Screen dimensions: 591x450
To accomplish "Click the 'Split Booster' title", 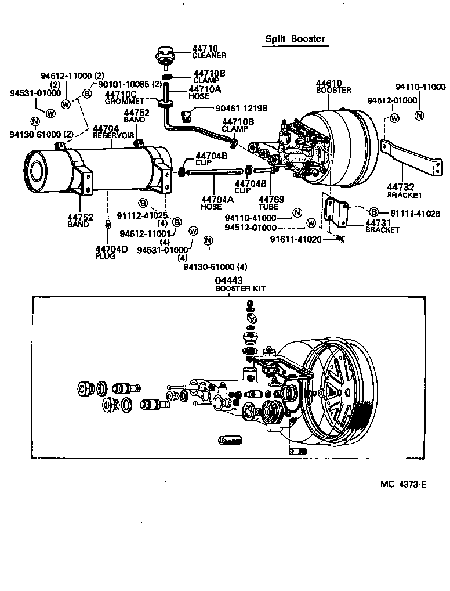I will coord(295,39).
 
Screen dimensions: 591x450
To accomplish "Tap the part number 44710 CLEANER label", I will coord(209,52).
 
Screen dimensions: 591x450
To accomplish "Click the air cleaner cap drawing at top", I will coord(162,56).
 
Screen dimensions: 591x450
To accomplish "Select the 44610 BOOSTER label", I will coord(333,87).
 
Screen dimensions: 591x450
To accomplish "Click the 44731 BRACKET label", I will coord(382,226).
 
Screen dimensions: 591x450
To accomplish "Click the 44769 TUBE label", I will coord(271,203).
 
